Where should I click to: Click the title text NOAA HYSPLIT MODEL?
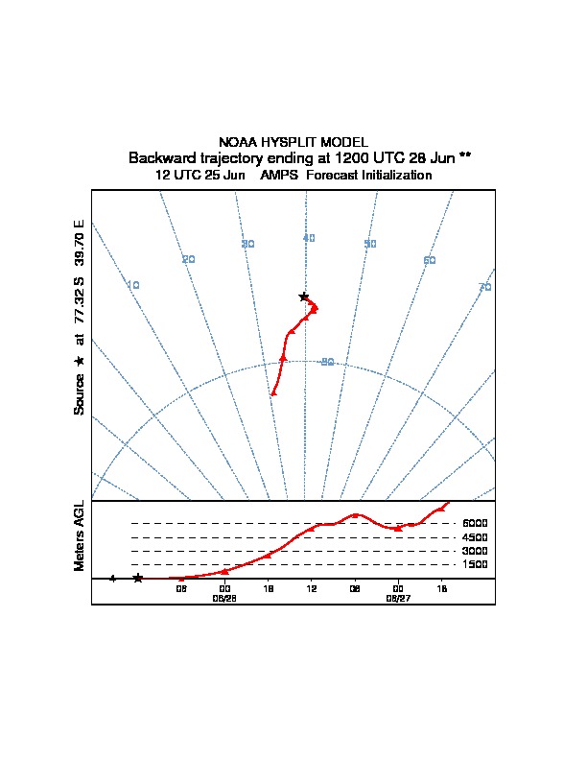click(x=293, y=142)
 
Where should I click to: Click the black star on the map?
click(x=304, y=297)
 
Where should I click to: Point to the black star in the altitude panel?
click(x=138, y=578)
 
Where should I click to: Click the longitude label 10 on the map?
click(x=133, y=285)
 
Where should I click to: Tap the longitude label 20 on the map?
click(x=189, y=259)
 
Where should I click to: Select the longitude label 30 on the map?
click(x=247, y=244)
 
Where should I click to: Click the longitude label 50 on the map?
click(x=370, y=244)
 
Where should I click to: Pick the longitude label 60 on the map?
click(x=430, y=260)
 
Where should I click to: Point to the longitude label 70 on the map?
click(x=485, y=287)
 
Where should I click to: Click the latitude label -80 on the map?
click(x=326, y=362)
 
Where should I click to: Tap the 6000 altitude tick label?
click(x=475, y=524)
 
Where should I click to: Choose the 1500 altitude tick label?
click(x=475, y=565)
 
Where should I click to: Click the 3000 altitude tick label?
click(x=475, y=552)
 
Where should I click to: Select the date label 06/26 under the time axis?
click(x=223, y=597)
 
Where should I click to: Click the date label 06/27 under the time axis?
click(x=397, y=597)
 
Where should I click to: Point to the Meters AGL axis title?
click(x=81, y=536)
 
